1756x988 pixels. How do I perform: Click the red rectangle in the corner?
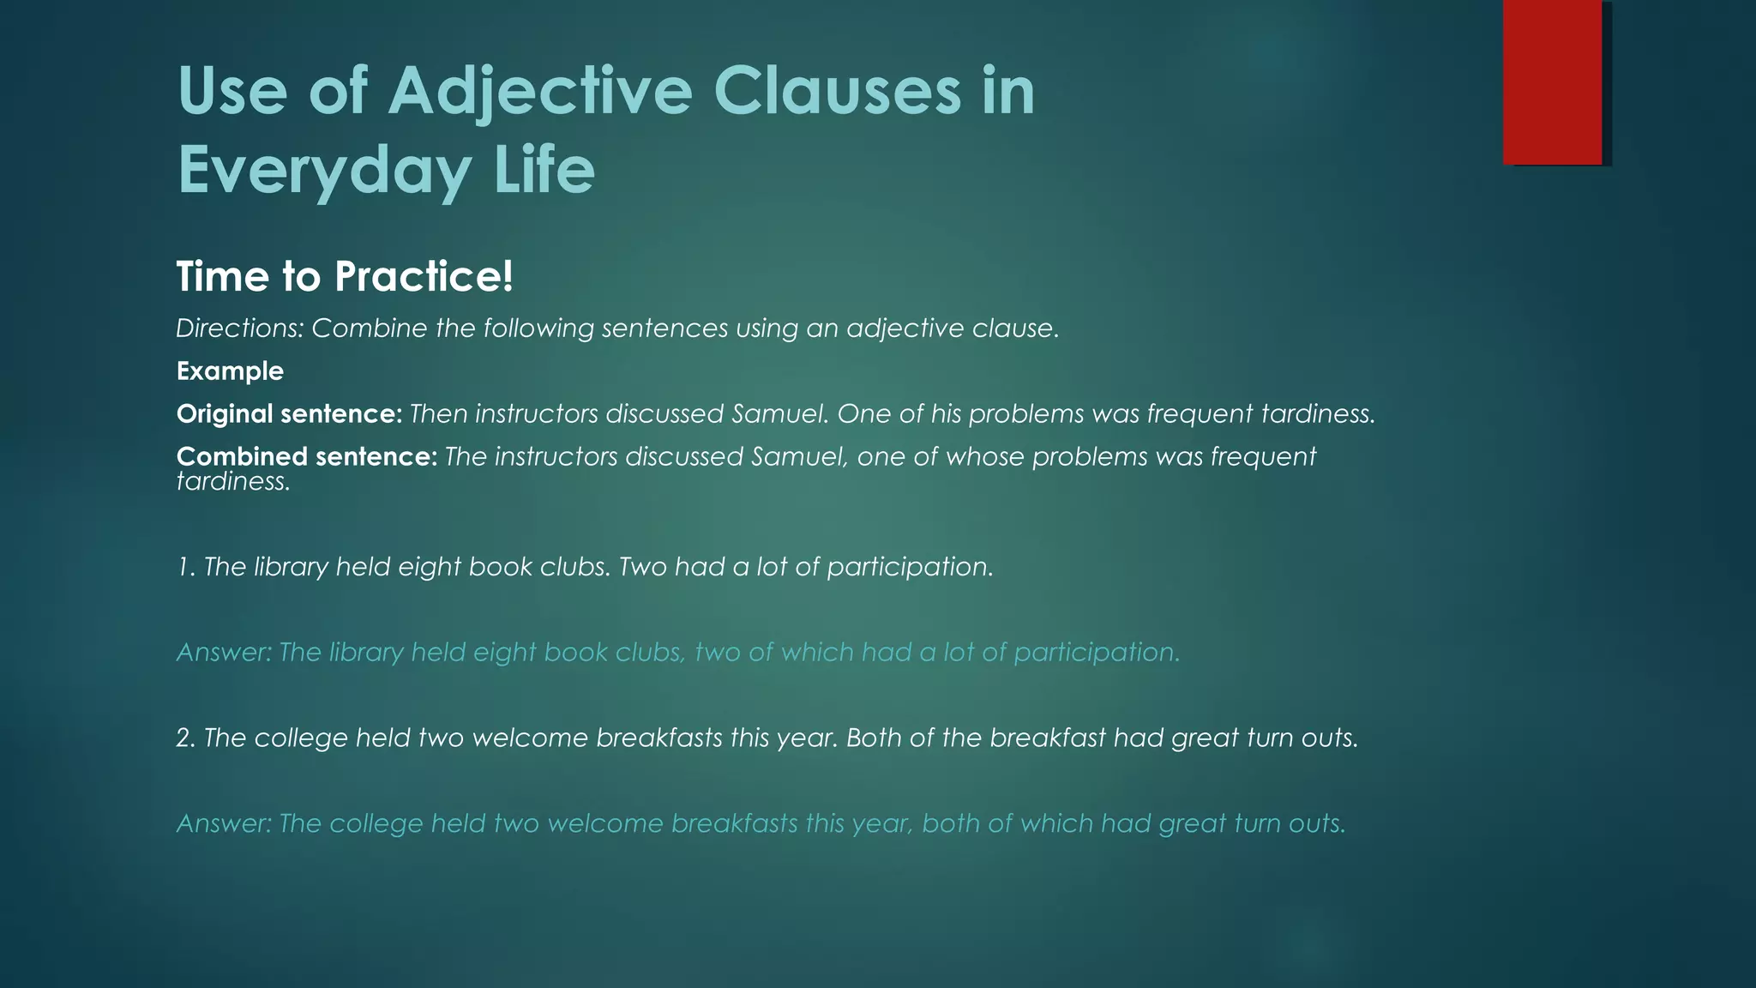click(1552, 82)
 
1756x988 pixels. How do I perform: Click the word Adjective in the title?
click(540, 92)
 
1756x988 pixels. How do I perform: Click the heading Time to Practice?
click(345, 277)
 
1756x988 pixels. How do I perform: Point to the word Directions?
click(239, 328)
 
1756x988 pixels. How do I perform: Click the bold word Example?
click(230, 371)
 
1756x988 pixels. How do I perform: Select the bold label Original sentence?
click(289, 414)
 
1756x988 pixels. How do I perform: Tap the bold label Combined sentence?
click(307, 456)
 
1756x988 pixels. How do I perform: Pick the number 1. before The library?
click(185, 567)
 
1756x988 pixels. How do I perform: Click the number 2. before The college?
click(186, 738)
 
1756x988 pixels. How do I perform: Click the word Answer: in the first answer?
click(224, 653)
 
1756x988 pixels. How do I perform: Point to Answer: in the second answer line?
click(224, 824)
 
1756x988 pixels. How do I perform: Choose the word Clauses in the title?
click(837, 92)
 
